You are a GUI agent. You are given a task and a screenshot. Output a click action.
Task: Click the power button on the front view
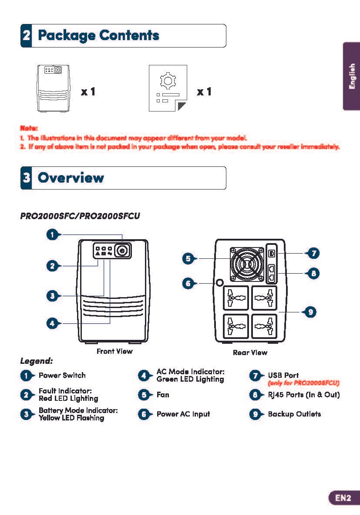click(x=122, y=251)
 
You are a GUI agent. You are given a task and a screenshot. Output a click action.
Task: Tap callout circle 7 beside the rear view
click(x=313, y=253)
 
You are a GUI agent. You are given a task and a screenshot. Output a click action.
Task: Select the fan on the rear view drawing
click(x=247, y=264)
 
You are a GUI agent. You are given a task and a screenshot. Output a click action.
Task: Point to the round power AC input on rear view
click(x=219, y=282)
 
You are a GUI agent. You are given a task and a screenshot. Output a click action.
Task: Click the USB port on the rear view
click(x=272, y=253)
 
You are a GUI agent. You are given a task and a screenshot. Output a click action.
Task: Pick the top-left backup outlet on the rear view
click(x=236, y=298)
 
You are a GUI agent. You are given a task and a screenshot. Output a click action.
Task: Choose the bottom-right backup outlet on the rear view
click(x=264, y=326)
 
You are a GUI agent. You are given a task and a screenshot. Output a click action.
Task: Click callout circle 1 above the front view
click(x=52, y=235)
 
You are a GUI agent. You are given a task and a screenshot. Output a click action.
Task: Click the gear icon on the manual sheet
click(x=167, y=81)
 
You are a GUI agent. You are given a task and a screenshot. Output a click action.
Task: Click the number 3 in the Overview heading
click(x=27, y=178)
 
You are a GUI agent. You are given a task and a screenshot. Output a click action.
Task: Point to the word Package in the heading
click(x=65, y=35)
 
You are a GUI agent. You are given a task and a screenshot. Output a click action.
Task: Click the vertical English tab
click(x=352, y=77)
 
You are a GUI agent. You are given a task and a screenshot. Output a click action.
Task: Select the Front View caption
click(x=114, y=351)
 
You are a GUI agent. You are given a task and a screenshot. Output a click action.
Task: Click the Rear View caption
click(x=250, y=352)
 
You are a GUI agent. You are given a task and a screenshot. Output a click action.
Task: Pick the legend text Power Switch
click(x=62, y=376)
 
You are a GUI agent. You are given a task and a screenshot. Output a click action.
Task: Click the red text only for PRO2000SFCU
click(x=303, y=383)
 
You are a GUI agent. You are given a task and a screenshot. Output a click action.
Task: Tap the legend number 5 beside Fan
click(x=144, y=395)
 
